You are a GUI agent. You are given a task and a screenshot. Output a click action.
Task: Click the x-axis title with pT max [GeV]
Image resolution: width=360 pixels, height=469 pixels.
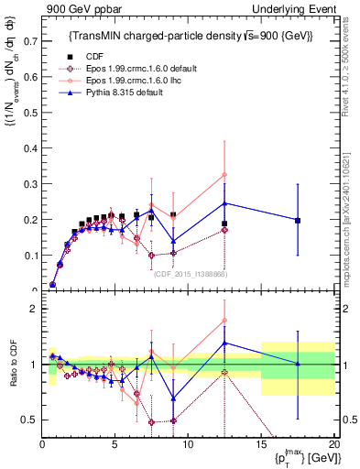(301, 457)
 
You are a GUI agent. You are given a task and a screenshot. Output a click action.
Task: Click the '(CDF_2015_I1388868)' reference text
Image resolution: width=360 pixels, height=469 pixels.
(190, 275)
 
